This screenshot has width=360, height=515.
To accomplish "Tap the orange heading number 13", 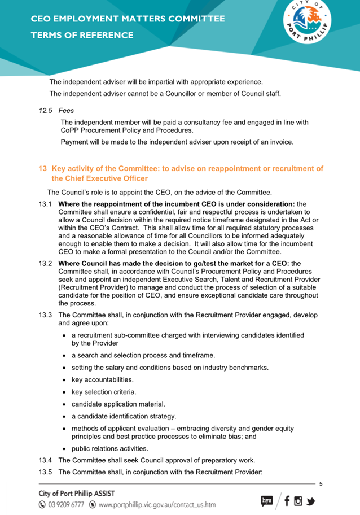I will tap(43, 169).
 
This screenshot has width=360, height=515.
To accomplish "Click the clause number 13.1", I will tap(46, 203).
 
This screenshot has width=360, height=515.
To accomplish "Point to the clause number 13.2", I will tap(46, 263).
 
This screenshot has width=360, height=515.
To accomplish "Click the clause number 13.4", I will tap(46, 460).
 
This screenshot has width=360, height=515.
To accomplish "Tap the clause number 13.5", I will tap(46, 472).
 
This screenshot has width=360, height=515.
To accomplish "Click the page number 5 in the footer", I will tap(321, 484).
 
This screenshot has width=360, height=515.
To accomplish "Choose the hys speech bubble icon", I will tap(267, 500).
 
